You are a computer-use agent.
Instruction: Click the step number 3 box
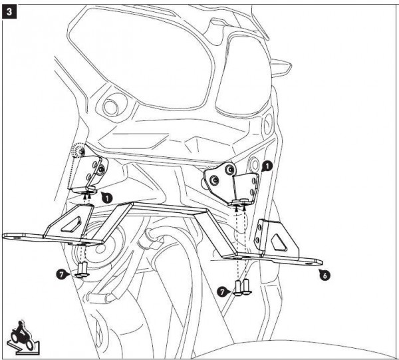(9, 12)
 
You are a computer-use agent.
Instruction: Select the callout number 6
(325, 275)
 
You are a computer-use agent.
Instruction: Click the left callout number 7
(62, 274)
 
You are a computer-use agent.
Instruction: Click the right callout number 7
(223, 291)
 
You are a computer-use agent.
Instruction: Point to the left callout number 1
(107, 198)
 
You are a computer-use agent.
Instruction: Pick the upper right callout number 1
(267, 166)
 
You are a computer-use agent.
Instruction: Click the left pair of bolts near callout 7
(82, 270)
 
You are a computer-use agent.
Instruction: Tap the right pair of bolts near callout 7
(243, 288)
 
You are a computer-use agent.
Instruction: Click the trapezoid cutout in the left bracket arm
(72, 224)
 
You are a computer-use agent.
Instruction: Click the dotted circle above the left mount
(78, 151)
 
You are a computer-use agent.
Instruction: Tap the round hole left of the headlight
(111, 106)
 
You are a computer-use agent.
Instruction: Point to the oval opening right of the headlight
(268, 124)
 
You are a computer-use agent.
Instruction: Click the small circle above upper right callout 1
(254, 162)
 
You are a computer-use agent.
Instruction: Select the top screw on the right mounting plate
(231, 168)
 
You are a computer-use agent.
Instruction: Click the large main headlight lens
(141, 57)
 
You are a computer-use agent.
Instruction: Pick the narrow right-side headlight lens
(243, 75)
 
